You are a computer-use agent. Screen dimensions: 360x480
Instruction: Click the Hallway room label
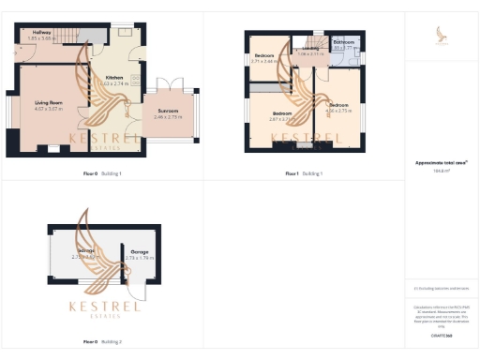point(41,33)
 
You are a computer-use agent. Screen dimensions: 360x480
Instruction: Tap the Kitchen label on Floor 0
point(114,77)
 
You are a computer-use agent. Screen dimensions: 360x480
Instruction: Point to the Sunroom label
point(167,111)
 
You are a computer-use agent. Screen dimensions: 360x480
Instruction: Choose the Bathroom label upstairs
point(343,42)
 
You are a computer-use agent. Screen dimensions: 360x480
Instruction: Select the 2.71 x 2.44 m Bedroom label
point(264,55)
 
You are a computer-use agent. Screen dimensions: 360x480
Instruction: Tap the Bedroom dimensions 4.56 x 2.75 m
point(338,110)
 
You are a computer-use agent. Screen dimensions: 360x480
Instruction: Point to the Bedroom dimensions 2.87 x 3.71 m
point(282,119)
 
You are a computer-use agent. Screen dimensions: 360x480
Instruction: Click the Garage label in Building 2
point(139,252)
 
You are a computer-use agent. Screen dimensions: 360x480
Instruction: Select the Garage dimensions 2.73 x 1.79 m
point(139,258)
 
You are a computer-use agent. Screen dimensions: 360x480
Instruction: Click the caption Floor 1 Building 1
point(302,174)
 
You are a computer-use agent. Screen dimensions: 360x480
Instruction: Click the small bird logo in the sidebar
point(442,36)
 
